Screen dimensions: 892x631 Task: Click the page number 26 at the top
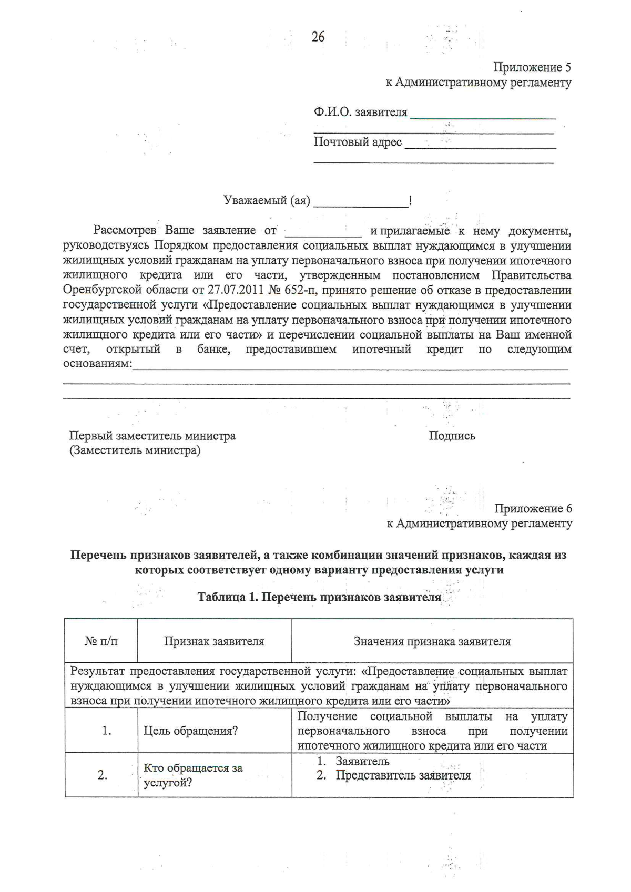(318, 37)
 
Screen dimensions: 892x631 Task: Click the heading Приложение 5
(532, 67)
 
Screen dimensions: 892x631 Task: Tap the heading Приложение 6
(533, 508)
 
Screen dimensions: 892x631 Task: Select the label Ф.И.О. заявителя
(360, 112)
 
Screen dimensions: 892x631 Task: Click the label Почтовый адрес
(358, 142)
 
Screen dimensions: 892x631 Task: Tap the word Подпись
(452, 436)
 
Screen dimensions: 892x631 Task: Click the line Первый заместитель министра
(152, 436)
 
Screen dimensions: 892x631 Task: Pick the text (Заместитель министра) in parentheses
(135, 450)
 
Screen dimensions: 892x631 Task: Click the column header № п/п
(101, 641)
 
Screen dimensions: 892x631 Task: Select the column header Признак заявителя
(214, 641)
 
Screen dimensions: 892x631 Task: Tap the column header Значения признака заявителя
(432, 641)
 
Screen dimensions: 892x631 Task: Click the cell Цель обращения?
(190, 731)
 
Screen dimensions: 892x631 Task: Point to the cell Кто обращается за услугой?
(192, 775)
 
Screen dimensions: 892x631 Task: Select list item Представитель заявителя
(403, 775)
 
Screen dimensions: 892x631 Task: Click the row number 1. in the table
(107, 731)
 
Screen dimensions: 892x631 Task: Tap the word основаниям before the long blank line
(96, 364)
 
